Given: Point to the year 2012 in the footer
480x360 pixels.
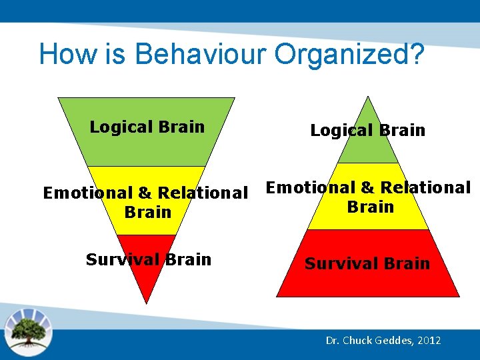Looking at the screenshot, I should point(429,341).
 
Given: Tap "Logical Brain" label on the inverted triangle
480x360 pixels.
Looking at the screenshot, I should point(147,127).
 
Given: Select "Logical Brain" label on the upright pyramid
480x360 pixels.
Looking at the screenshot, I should point(367,130).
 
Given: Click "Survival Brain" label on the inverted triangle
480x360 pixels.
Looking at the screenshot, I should point(148,259).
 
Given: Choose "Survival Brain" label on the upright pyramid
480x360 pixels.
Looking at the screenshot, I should point(367,263).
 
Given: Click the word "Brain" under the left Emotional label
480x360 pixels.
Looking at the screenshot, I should point(147,212).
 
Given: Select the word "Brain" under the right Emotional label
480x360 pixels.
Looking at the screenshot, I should point(370,207).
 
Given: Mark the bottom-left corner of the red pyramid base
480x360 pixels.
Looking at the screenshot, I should point(278,295).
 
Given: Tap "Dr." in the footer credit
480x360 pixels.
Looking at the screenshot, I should point(333,341).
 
